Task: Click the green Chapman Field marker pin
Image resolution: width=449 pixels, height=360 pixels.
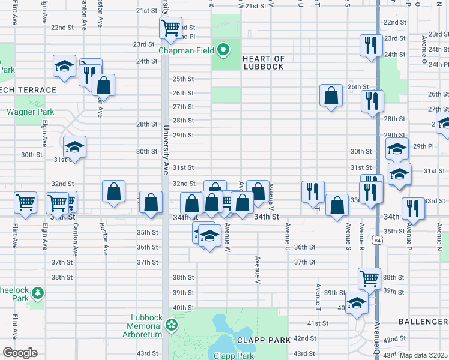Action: click(x=223, y=50)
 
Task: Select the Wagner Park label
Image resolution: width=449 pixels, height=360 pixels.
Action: click(x=30, y=112)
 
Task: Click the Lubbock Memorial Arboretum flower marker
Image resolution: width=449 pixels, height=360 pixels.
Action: click(x=172, y=325)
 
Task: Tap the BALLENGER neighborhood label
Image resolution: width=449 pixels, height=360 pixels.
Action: click(x=423, y=322)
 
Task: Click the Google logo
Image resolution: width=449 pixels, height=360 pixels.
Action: click(x=20, y=353)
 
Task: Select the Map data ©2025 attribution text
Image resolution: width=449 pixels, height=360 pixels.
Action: click(x=423, y=355)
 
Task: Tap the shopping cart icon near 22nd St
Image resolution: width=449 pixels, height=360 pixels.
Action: click(x=171, y=27)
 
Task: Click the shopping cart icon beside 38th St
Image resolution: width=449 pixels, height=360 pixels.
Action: click(x=369, y=277)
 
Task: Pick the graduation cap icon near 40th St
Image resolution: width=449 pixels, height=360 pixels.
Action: click(x=357, y=301)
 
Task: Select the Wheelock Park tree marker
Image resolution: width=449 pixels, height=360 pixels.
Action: click(x=38, y=293)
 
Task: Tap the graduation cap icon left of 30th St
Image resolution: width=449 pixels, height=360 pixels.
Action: click(x=74, y=146)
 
